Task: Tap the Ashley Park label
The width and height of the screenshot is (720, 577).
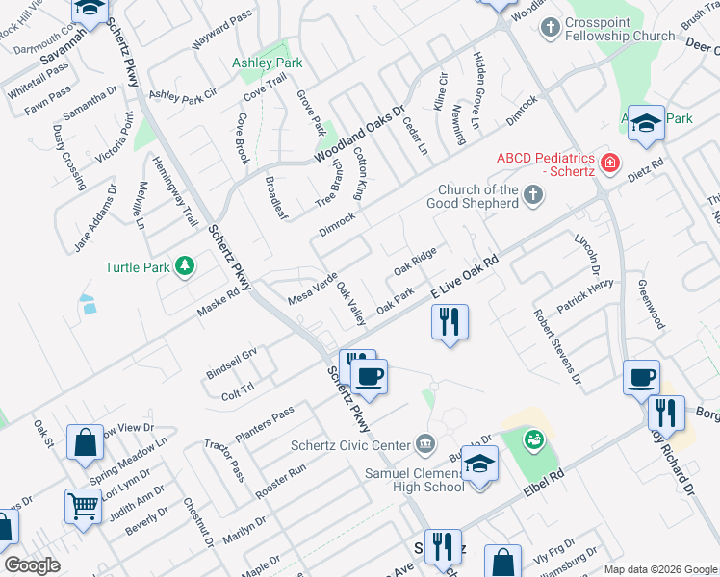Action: [x=267, y=63]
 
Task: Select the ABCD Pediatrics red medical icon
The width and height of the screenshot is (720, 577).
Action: [x=608, y=164]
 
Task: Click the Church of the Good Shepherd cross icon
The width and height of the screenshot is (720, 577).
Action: [x=534, y=196]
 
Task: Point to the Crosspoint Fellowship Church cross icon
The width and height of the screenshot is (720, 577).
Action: [x=552, y=27]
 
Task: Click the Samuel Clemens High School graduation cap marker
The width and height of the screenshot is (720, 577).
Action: [x=478, y=466]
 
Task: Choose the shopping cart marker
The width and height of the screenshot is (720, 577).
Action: [x=83, y=505]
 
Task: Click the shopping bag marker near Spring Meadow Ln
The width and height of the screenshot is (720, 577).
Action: [x=85, y=444]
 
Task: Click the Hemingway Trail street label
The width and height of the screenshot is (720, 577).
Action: [x=175, y=192]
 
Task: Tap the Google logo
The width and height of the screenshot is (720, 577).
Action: [x=32, y=565]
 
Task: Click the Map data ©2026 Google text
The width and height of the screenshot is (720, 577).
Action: [x=661, y=569]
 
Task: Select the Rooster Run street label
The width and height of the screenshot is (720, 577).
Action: [x=280, y=481]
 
